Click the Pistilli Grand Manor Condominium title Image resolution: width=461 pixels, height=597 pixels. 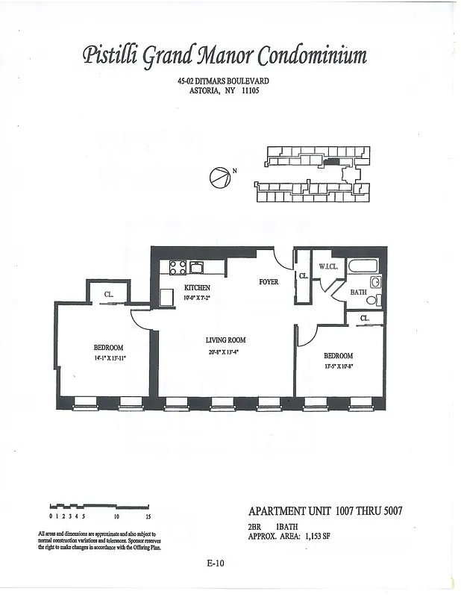[225, 56]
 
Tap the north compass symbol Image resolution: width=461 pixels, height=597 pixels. [219, 178]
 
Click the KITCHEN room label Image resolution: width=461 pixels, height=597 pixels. [197, 288]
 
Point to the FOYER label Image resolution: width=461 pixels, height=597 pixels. [269, 282]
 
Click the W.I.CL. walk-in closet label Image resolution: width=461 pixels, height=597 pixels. [329, 266]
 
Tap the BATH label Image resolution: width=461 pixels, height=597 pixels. [358, 292]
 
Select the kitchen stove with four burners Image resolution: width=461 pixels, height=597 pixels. [178, 266]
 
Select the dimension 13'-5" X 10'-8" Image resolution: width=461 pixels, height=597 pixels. [338, 366]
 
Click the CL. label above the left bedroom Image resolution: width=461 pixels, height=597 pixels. [109, 296]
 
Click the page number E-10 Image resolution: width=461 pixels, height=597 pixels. [216, 563]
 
